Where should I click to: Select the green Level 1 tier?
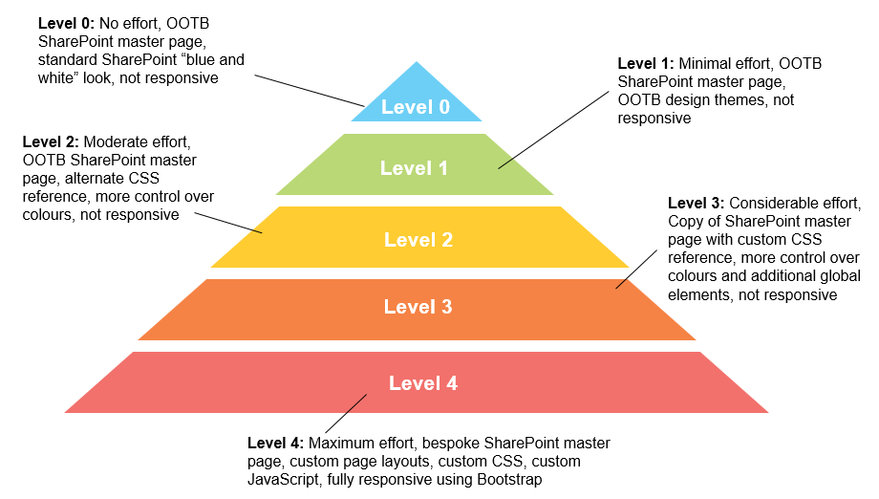coord(414,168)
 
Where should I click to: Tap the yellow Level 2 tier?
coord(418,239)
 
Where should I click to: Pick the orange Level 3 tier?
coord(418,307)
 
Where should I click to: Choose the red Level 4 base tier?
coord(422,383)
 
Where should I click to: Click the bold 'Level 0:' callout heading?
coord(66,22)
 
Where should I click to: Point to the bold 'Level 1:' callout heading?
coord(646,63)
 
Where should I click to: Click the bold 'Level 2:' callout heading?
coord(51,142)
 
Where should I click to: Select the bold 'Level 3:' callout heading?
coord(696,204)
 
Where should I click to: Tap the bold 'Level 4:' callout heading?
coord(275,444)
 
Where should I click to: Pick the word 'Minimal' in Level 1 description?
coord(708,63)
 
